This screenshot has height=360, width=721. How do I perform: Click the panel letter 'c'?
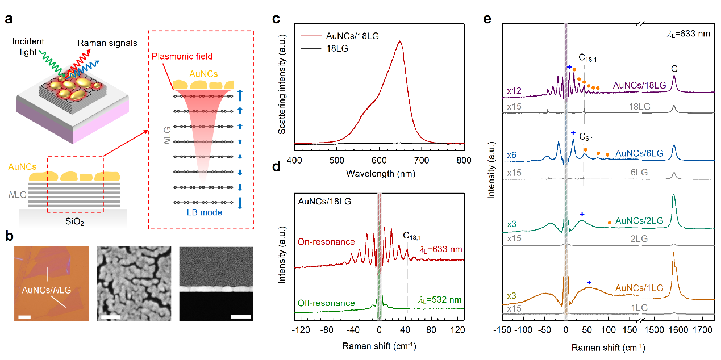[276, 19]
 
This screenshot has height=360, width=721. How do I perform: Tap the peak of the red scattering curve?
[400, 41]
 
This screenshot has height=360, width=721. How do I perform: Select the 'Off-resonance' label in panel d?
[321, 303]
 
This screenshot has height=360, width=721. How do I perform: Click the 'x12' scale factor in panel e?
[512, 91]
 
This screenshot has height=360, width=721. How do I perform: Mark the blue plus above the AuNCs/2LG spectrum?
[582, 214]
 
